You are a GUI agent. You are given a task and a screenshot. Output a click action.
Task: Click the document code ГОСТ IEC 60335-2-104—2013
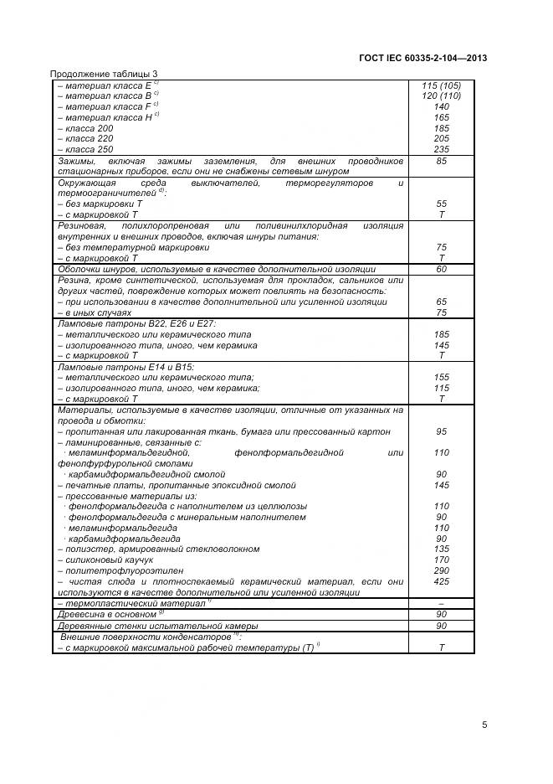(x=422, y=58)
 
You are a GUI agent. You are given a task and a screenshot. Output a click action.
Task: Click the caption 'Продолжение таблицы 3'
(x=104, y=75)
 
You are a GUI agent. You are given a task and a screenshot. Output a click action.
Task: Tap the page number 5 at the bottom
(x=484, y=725)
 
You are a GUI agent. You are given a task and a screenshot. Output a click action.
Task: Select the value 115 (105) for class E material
(x=441, y=85)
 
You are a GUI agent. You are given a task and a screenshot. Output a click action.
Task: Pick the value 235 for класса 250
(x=441, y=149)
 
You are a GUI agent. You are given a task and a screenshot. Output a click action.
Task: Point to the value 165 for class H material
(x=441, y=117)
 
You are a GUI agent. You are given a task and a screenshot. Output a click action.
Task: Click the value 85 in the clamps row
(x=441, y=161)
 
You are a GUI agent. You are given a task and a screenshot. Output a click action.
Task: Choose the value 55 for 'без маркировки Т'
(x=441, y=204)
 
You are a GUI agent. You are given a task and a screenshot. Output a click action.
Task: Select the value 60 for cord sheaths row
(x=441, y=269)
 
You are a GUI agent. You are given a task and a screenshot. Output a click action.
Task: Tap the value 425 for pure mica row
(x=441, y=581)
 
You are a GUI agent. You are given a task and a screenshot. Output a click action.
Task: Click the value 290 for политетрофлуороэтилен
(x=441, y=570)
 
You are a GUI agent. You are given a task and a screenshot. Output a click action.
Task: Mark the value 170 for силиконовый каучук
(x=441, y=560)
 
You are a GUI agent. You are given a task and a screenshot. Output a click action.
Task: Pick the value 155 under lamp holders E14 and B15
(x=441, y=377)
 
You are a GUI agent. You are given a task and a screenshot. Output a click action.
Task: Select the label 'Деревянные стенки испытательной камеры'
(x=157, y=626)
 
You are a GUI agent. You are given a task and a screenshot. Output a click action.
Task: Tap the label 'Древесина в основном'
(x=107, y=614)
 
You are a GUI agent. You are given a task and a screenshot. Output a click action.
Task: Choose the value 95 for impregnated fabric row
(x=441, y=431)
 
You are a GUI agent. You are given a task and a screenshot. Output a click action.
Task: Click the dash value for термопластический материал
(x=441, y=603)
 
